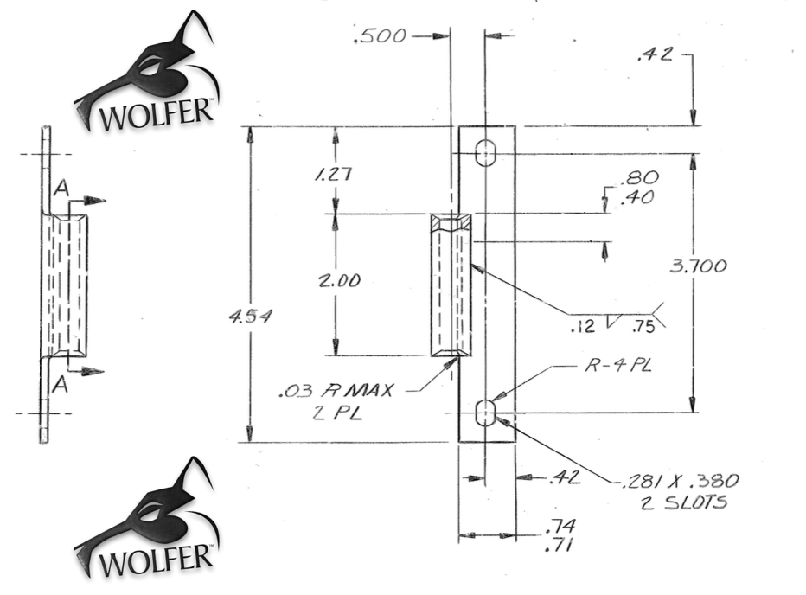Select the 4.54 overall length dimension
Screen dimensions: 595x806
coord(250,318)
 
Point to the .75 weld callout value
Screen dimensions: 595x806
coord(643,327)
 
